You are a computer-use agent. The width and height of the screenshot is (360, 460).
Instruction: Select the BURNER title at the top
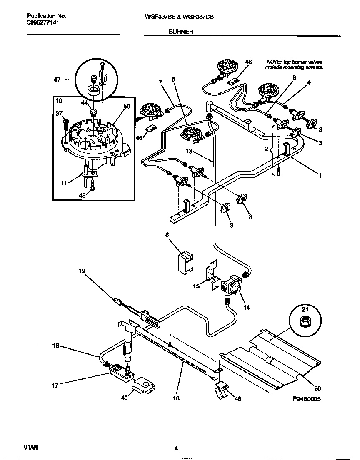click(x=180, y=32)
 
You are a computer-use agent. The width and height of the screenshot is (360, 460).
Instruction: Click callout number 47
click(x=57, y=79)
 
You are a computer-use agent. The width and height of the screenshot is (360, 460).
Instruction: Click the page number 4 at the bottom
click(x=176, y=448)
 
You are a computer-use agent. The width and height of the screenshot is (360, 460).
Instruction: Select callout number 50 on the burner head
click(x=127, y=107)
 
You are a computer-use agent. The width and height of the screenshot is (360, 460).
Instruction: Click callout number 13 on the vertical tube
click(x=189, y=151)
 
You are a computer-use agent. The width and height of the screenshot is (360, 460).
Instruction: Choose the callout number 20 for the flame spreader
click(x=317, y=389)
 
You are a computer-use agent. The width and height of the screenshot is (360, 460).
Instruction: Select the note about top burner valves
click(x=294, y=64)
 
